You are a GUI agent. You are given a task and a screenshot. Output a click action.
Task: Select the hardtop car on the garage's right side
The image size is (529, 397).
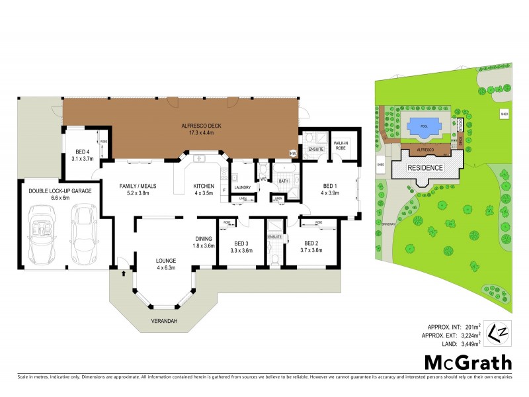84,231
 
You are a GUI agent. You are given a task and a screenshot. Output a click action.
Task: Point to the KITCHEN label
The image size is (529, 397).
202,187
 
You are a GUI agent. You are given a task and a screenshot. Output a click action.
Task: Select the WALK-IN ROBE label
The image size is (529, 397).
341,144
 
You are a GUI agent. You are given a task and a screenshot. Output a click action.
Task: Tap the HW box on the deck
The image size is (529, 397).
292,154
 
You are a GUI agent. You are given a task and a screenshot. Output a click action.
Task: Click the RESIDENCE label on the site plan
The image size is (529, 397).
425,167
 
